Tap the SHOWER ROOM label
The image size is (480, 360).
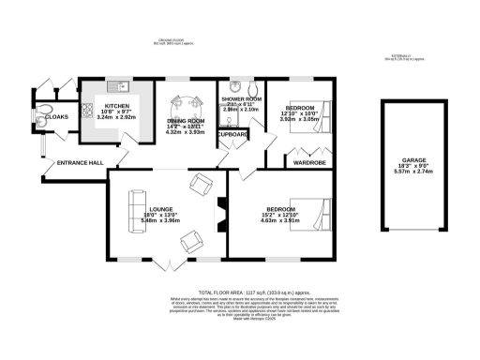pos(241,98)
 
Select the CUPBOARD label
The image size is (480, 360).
pos(234,134)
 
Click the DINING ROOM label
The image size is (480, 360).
pos(185,120)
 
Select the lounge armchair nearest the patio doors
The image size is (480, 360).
pos(191,242)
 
